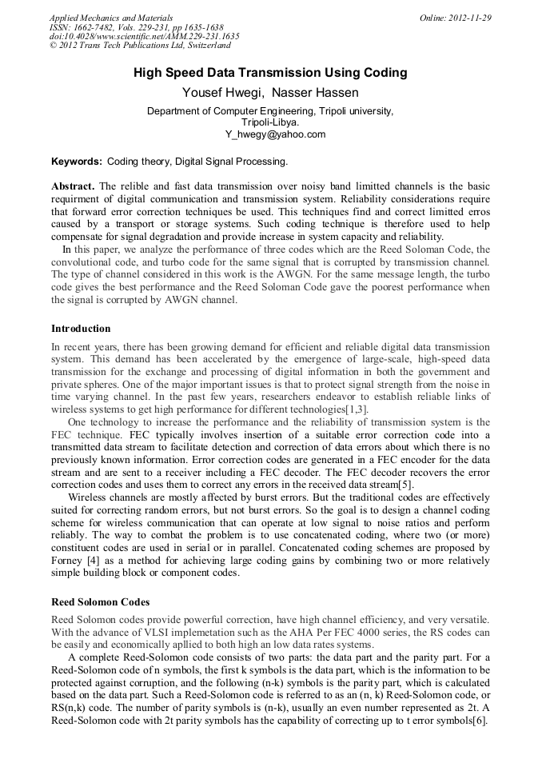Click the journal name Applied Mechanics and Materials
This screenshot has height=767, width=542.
111,18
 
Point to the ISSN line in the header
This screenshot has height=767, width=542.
137,27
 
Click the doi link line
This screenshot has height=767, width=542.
144,37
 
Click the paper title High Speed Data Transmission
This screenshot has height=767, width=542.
270,73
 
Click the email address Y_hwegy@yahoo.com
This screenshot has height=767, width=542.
270,134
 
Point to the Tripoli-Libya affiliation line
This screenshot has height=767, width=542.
270,122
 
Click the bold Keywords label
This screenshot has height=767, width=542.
77,162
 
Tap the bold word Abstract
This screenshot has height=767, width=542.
73,186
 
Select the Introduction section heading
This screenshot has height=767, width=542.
81,329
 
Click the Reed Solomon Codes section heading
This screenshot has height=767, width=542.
100,601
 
